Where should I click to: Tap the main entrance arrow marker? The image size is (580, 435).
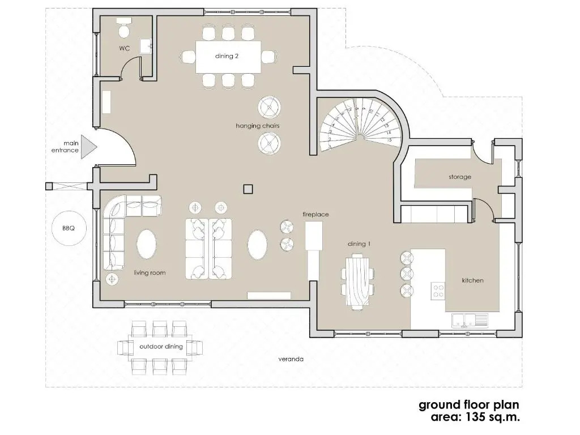89,147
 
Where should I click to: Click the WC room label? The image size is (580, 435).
125,49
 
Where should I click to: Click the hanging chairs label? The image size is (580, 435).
258,126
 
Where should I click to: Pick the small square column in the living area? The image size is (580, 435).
248,189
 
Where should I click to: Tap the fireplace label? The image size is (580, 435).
315,214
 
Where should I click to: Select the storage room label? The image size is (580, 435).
460,177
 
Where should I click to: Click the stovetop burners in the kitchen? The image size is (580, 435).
438,291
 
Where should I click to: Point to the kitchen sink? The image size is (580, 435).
470,321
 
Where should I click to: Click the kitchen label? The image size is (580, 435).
473,280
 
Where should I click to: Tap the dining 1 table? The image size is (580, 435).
358,281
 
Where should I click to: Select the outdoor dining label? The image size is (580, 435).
161,347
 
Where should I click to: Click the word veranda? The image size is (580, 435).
291,359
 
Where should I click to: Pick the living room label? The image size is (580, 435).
150,272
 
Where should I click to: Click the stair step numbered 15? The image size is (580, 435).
389,140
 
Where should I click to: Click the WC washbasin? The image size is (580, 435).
146,46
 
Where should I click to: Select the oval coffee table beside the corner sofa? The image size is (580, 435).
147,244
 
